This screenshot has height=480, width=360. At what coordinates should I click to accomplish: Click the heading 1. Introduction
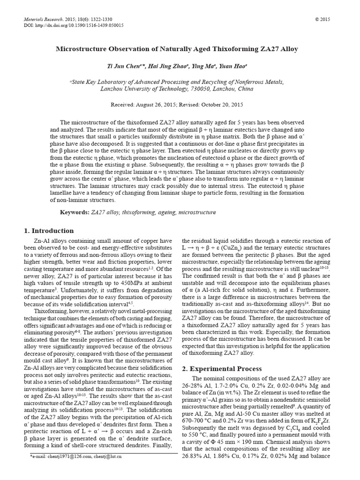coord(49,231)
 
